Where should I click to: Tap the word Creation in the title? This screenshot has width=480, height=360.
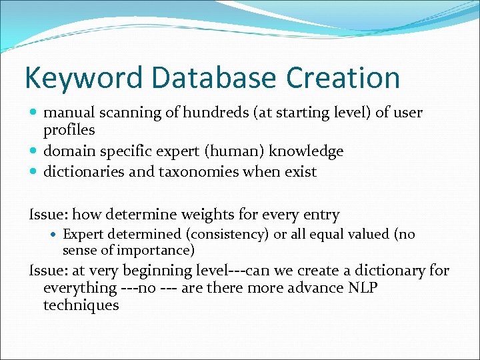coord(343,79)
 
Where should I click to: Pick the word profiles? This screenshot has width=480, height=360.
coord(69,130)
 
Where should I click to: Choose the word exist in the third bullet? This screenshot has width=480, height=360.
coord(299,172)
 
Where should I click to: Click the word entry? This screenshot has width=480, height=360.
coord(320,215)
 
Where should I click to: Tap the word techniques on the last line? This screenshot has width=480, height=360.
coord(81,306)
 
